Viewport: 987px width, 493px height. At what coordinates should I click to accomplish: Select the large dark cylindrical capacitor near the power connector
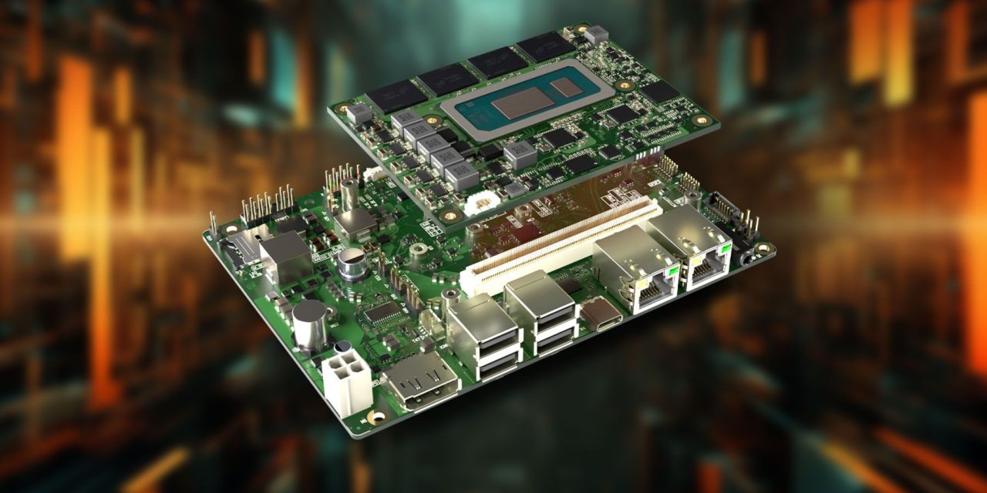click(x=310, y=324)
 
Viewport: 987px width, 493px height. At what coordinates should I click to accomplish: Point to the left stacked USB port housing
click(x=483, y=336)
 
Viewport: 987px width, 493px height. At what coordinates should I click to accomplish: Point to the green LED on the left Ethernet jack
click(x=672, y=270)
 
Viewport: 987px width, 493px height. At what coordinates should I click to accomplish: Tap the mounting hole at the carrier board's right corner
click(x=763, y=248)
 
